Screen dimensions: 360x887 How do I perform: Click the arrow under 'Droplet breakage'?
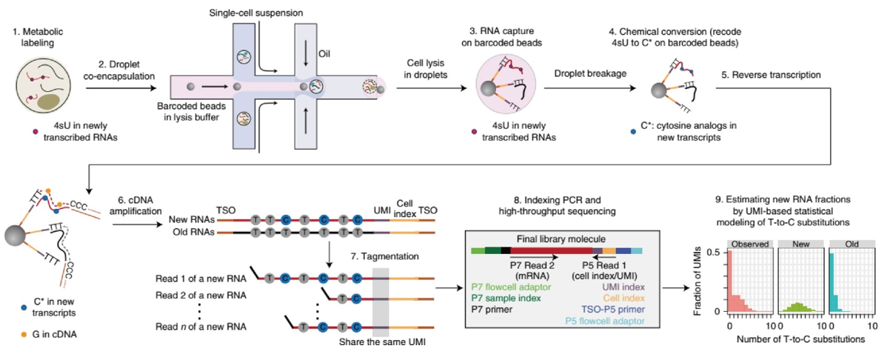pyautogui.click(x=592, y=87)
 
